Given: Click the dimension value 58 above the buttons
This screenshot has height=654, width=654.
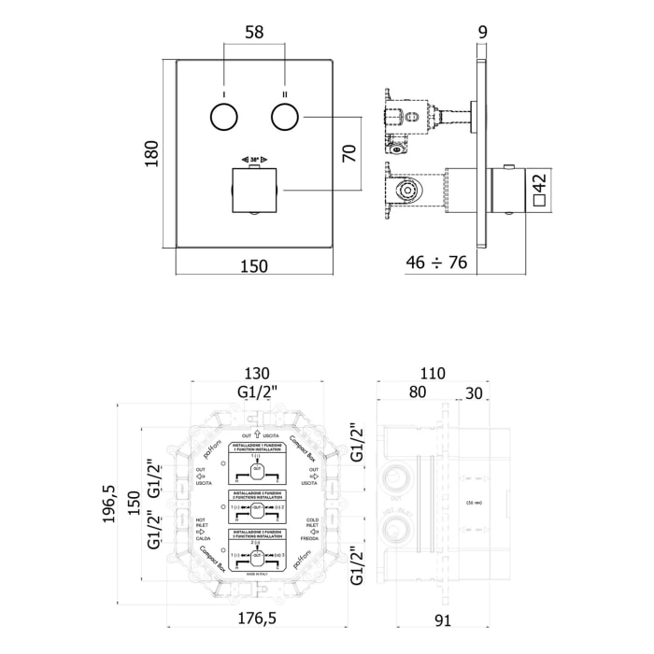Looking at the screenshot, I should tap(253, 32).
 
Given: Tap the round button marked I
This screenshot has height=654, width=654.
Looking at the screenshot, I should tap(224, 118).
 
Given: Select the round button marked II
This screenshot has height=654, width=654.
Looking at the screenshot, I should tap(284, 118).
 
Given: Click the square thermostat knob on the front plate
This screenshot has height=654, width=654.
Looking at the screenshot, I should tap(254, 190).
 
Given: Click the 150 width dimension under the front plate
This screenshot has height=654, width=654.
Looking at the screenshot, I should tap(252, 266).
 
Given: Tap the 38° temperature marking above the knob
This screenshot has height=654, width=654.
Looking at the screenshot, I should tap(254, 160).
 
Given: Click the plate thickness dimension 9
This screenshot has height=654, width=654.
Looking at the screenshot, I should tap(482, 32).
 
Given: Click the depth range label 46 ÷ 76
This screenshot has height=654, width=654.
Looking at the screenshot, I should tap(437, 263).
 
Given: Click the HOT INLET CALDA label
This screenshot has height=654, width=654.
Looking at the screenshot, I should tap(202, 529).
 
